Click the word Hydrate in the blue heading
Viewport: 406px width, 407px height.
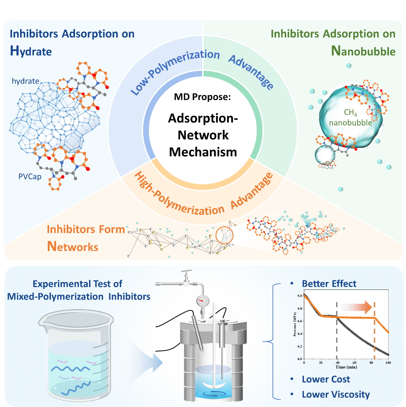coord(31,51)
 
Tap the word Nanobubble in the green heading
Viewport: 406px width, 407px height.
coord(363,51)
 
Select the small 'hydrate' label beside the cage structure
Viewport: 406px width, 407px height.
coord(25,81)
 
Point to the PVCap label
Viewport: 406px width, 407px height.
coord(30,177)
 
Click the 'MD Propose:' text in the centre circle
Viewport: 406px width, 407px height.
coord(202,97)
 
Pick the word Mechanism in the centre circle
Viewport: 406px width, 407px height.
coord(203,152)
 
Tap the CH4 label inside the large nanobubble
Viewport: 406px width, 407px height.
coord(350,112)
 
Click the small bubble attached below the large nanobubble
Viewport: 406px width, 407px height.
coord(325,155)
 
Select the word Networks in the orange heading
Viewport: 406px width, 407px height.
coord(73,246)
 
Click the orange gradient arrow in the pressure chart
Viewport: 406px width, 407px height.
coord(356,307)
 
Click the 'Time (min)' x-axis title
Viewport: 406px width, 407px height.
coord(346,367)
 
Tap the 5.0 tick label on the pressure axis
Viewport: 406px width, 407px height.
coord(300,296)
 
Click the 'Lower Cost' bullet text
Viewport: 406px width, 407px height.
coord(326,379)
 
